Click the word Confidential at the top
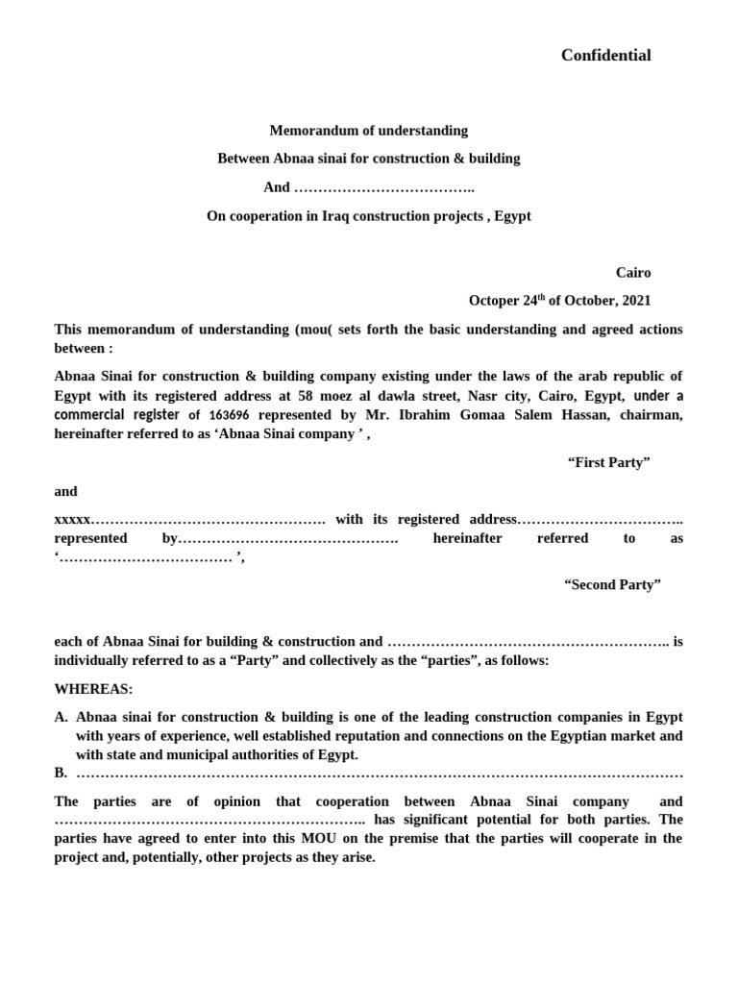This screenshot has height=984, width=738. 605,56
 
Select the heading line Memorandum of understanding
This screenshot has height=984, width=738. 369,131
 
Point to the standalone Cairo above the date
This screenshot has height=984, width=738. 633,273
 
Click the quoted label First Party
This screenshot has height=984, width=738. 609,463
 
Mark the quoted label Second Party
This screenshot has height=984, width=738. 612,585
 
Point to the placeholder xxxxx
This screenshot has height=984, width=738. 72,520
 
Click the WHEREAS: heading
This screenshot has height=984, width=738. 94,689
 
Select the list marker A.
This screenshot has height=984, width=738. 61,717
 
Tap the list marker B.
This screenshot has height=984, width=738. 61,773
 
